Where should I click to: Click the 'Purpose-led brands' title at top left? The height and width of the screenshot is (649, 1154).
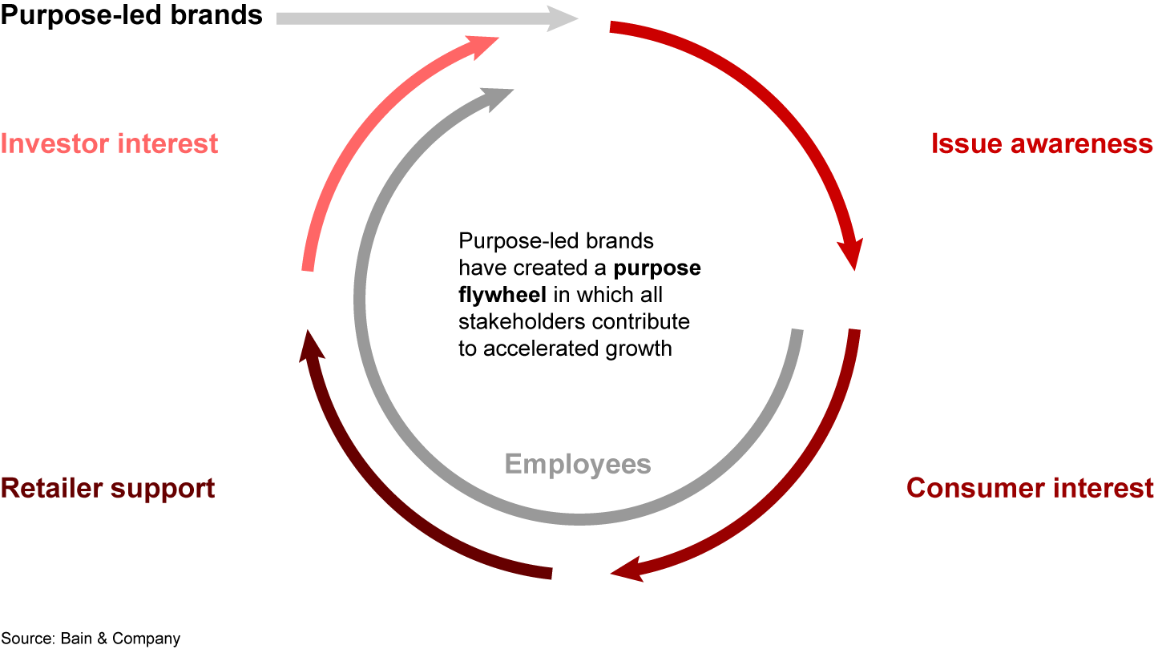(131, 15)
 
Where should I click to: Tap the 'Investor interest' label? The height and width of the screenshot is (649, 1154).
(109, 143)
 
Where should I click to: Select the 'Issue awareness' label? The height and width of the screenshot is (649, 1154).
(1042, 143)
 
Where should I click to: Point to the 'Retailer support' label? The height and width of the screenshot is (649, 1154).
(107, 488)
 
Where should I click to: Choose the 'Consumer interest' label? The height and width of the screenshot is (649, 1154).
(1030, 488)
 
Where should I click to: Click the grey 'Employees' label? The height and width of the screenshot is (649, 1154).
(578, 465)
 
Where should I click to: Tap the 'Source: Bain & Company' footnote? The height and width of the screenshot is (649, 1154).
(91, 638)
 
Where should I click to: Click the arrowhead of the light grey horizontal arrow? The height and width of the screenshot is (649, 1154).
(562, 18)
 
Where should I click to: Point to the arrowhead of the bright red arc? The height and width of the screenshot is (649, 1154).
(851, 253)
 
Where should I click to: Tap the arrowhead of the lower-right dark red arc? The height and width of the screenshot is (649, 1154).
(627, 570)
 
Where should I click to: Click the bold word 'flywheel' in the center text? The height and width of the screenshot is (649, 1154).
(502, 295)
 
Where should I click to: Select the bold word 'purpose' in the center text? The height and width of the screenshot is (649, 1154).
(657, 268)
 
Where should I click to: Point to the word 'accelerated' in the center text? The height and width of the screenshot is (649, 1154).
(541, 349)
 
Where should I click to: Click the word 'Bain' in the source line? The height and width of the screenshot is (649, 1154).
(77, 638)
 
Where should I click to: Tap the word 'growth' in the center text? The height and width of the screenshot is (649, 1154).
(639, 349)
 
